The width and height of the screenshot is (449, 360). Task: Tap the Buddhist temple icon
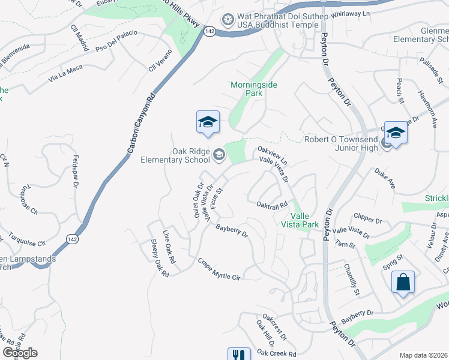point(228,20)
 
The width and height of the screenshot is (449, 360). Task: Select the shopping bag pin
point(403,282)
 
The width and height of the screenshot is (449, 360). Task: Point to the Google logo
point(20,353)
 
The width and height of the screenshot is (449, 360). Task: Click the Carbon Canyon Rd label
point(140,125)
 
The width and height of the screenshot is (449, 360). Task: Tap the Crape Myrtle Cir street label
point(219,269)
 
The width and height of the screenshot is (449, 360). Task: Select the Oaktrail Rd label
point(273,205)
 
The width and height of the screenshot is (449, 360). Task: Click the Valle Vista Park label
point(304,220)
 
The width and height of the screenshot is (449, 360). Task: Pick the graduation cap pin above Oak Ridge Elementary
point(208,122)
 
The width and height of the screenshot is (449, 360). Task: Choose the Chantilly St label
point(352,280)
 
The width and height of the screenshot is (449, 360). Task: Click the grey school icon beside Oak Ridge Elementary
point(218,156)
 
